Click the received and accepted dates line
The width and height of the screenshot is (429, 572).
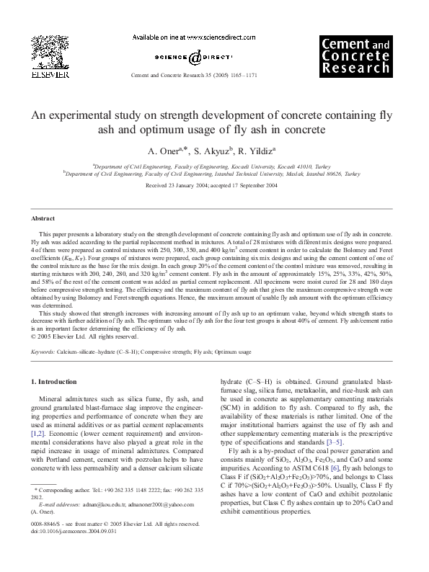coord(214,186)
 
